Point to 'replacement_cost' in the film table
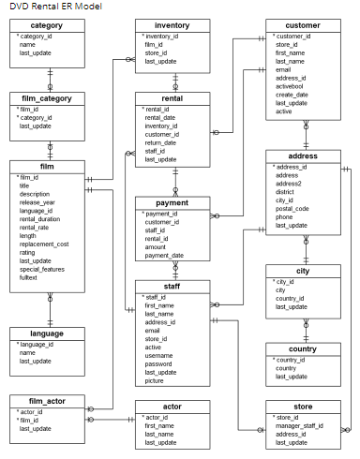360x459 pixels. (x=44, y=244)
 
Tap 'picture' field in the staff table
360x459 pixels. (x=155, y=381)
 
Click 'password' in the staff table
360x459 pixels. (x=158, y=364)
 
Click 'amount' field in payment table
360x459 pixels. (x=157, y=246)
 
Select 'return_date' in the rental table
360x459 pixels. (x=161, y=142)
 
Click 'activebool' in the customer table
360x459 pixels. (x=291, y=86)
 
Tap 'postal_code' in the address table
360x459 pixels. (x=292, y=208)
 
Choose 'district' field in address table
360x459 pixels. (x=288, y=191)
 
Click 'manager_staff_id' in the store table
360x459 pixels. (x=300, y=425)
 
